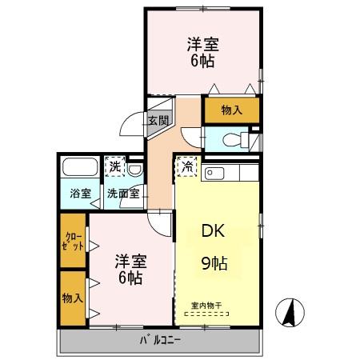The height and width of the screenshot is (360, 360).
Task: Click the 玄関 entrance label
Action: point(158,121)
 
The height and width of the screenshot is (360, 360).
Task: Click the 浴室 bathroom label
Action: point(78,193)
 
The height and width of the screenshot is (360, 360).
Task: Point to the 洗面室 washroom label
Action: point(124,193)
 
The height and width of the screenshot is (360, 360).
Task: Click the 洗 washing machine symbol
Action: point(116,166)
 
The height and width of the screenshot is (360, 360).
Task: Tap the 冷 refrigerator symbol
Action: point(186,167)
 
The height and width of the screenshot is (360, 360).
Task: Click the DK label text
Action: point(212,232)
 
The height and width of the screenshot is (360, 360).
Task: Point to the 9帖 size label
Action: point(212,262)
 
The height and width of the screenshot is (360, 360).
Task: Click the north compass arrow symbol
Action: point(290,311)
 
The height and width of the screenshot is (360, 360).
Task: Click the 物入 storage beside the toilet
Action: point(230,109)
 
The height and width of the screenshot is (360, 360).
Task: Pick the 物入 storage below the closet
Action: point(72,298)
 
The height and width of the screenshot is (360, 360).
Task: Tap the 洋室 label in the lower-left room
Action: point(128,262)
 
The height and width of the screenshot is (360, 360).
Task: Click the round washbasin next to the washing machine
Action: point(136,169)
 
